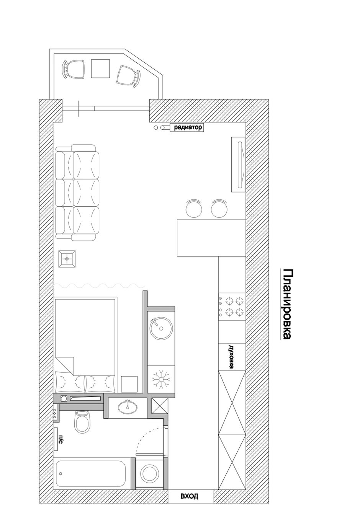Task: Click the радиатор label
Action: [188, 127]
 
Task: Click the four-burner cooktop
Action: [232, 307]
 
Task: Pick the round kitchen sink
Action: [161, 329]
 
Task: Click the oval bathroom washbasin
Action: [128, 406]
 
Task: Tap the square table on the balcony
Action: [100, 69]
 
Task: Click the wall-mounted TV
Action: [238, 165]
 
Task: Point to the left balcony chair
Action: [74, 70]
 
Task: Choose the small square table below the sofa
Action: [67, 259]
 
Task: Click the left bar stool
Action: [194, 208]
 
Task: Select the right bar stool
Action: [219, 208]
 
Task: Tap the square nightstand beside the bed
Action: [129, 384]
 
